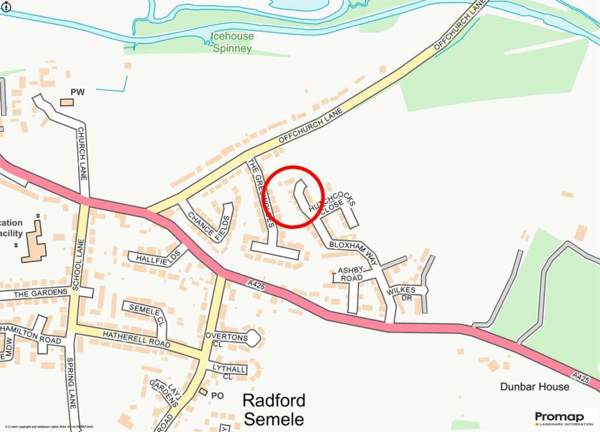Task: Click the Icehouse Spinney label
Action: (233, 42)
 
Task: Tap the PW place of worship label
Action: (78, 92)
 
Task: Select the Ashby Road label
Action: (351, 274)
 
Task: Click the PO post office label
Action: (217, 396)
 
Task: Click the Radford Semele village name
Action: (274, 410)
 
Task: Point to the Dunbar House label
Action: (534, 387)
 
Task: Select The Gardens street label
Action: (37, 293)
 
